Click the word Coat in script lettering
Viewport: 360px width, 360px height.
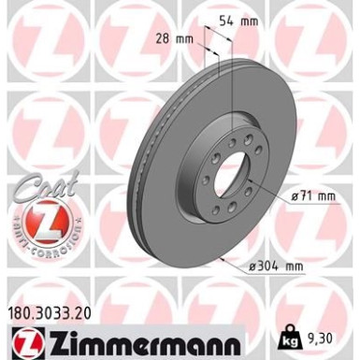(38, 192)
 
